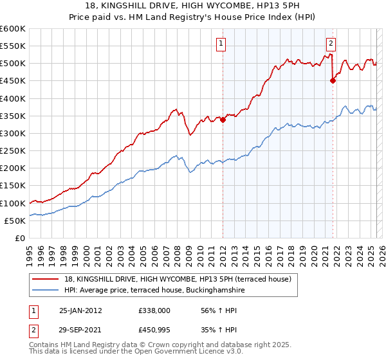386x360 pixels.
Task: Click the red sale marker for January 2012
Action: [x=223, y=120]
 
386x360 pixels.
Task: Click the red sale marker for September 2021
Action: [x=333, y=80]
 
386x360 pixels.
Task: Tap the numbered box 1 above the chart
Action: [x=221, y=44]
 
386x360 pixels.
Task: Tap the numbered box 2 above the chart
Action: [x=331, y=44]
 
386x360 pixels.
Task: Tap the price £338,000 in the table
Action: [x=154, y=310]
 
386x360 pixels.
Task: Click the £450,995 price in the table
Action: [x=154, y=330]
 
